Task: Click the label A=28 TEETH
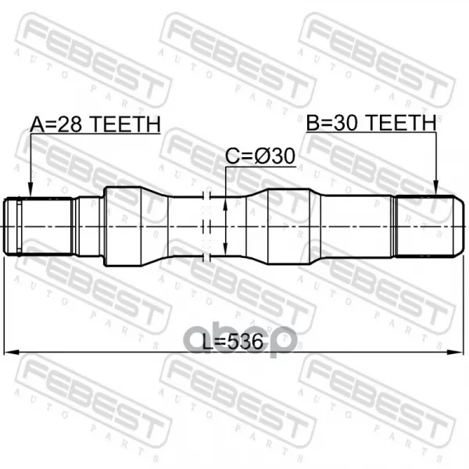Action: [x=95, y=124]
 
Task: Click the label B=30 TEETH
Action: [x=371, y=123]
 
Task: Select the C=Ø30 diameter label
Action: [x=260, y=156]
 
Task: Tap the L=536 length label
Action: [x=233, y=342]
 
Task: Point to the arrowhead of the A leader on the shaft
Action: [x=30, y=191]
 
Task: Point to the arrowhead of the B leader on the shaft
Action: [x=436, y=188]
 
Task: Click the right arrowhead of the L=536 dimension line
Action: [x=455, y=352]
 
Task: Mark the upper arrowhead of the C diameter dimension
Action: [x=226, y=205]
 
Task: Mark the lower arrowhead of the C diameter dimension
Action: [x=226, y=248]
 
